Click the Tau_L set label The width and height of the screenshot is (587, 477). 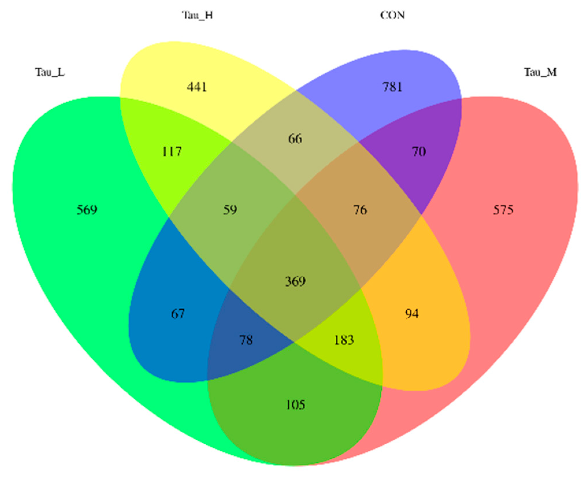[x=50, y=72]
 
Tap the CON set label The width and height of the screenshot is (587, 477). [x=392, y=15]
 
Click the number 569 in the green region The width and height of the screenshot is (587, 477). [x=87, y=210]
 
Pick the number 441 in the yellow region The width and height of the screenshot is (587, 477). [x=197, y=87]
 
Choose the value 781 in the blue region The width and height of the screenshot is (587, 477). [x=392, y=87]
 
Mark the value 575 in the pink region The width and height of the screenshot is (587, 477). [x=503, y=210]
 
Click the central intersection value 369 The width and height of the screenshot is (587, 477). [x=295, y=281]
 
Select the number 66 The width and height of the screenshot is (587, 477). [x=295, y=139]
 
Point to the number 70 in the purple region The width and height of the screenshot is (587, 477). [x=419, y=151]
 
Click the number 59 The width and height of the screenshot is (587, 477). [x=230, y=210]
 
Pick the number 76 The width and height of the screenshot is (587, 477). [x=360, y=210]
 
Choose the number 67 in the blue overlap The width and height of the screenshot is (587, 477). [x=178, y=314]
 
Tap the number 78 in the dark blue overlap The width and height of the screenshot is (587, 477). [x=246, y=340]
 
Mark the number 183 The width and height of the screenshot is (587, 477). [x=344, y=340]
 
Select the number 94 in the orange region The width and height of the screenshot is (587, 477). [x=412, y=314]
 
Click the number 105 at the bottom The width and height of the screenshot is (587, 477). [x=295, y=405]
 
